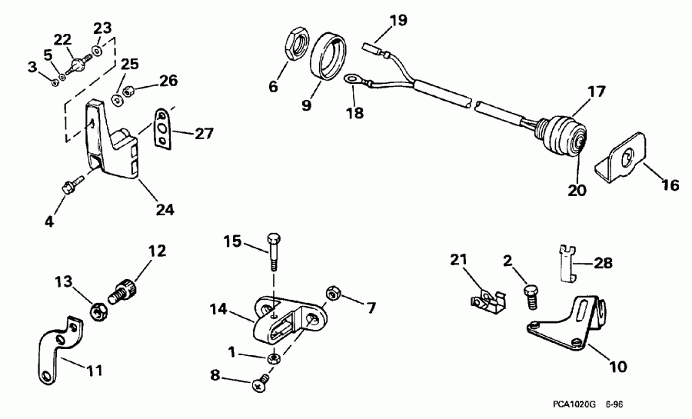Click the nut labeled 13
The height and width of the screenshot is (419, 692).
98,312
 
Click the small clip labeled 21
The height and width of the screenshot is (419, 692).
486,298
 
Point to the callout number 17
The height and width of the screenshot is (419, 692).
597,91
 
